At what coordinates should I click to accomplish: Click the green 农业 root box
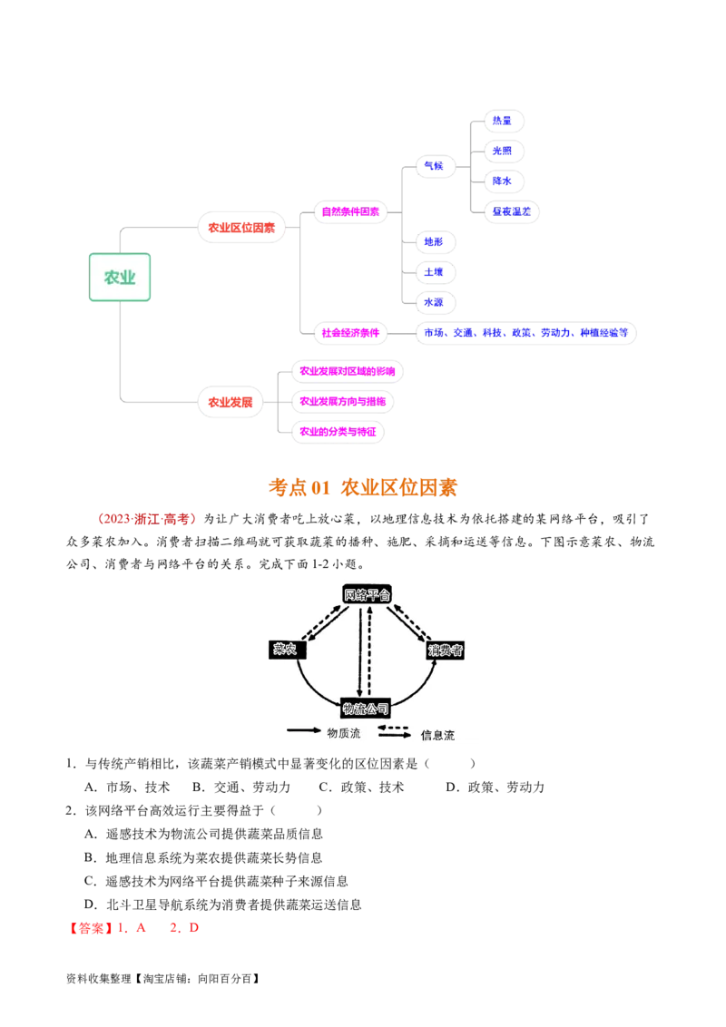(120, 278)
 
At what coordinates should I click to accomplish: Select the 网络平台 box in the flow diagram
(367, 594)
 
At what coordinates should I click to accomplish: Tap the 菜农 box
(288, 649)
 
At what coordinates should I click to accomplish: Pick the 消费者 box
(446, 650)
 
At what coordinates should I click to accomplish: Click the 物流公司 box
(365, 708)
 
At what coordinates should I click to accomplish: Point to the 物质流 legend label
(344, 733)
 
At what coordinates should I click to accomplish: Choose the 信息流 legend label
(437, 735)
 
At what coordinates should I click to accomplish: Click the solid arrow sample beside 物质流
(304, 729)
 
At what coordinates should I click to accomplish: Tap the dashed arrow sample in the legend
(394, 728)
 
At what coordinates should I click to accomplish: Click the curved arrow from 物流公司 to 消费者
(418, 690)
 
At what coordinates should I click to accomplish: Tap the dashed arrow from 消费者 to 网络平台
(413, 621)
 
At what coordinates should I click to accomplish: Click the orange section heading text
(363, 487)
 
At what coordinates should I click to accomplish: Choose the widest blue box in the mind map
(526, 333)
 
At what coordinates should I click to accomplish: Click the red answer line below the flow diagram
(134, 928)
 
